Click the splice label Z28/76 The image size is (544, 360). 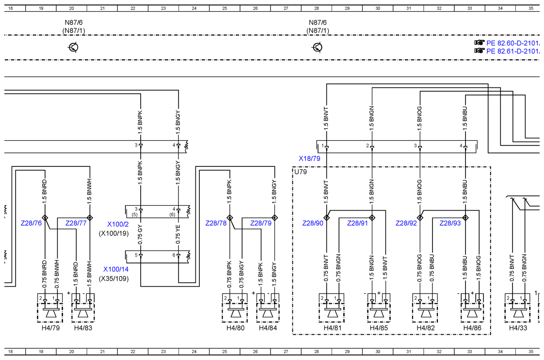click(x=31, y=223)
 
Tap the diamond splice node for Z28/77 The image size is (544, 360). click(x=90, y=218)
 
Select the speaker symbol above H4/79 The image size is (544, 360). click(x=50, y=312)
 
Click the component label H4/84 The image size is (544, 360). click(x=268, y=327)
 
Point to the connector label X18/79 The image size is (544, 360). click(x=309, y=159)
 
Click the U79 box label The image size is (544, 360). click(x=301, y=172)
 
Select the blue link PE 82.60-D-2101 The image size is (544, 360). click(x=512, y=43)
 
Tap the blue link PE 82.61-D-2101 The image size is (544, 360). click(x=512, y=51)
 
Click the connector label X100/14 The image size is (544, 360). click(x=116, y=269)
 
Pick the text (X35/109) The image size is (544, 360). click(x=114, y=278)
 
